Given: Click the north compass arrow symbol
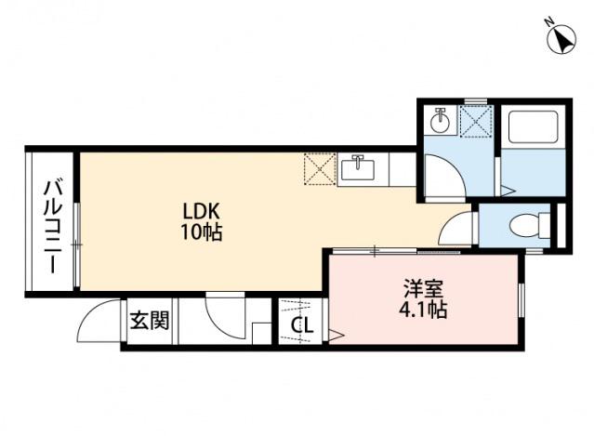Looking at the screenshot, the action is pos(562,40).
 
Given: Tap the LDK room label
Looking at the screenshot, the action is pos(201,211).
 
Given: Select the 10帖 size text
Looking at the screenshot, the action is pos(201,232).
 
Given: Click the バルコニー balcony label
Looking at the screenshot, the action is pos(53,227).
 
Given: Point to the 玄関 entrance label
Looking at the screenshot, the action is pos(150,321).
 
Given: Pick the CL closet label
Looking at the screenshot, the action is pos(302,325).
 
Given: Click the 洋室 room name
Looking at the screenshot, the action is pos(423,289).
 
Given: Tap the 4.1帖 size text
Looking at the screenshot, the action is pos(423,310).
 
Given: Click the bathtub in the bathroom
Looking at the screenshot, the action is pos(533,127).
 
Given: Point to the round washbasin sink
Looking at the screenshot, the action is pos(440,121).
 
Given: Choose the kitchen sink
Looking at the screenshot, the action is pos(358,169).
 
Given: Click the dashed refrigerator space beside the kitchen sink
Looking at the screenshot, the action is pos(320,169).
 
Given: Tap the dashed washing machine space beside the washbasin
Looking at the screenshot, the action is pos(476,121).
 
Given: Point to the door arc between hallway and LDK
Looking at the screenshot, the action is pos(219,322).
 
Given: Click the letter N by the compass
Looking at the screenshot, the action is pos(548,22).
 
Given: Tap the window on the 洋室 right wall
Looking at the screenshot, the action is pos(521,299).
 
